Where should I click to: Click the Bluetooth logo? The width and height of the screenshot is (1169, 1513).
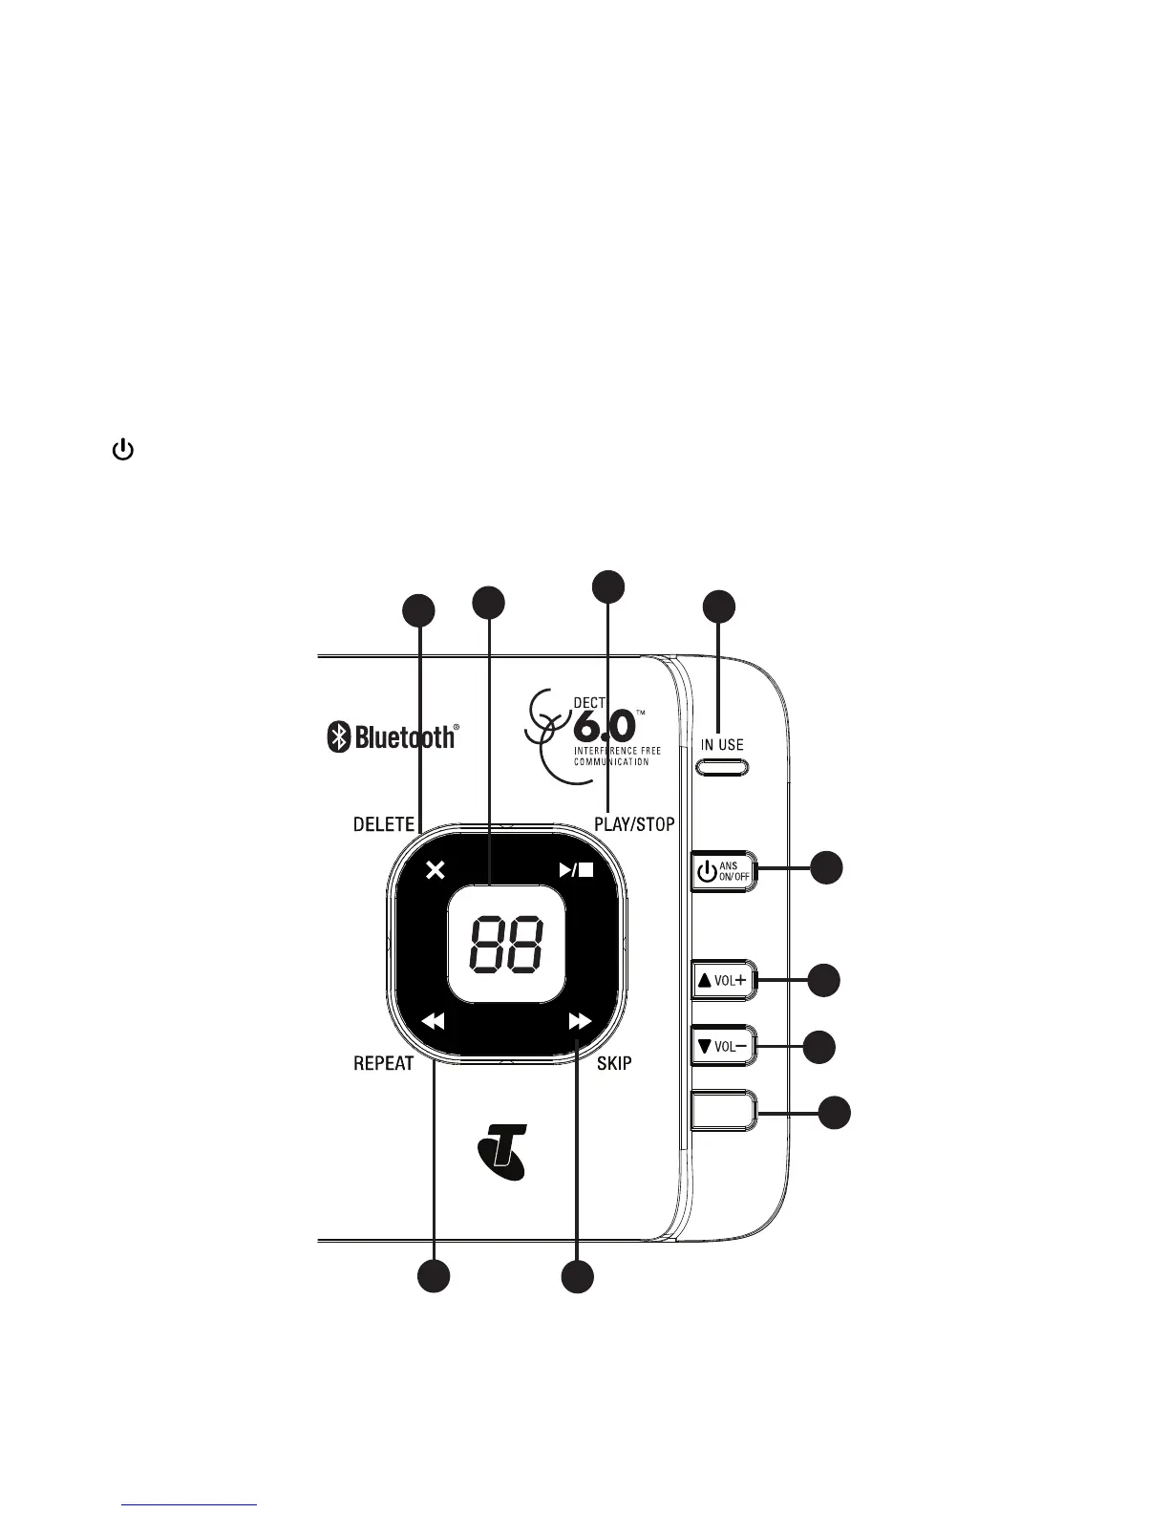click(x=393, y=736)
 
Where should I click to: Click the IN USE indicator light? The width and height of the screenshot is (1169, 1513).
click(x=722, y=766)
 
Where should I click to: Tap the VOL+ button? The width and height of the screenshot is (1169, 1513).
click(x=722, y=980)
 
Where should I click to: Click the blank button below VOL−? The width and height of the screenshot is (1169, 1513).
click(x=722, y=1111)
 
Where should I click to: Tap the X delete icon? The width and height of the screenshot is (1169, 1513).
click(x=436, y=870)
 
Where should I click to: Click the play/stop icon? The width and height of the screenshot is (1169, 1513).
click(x=577, y=870)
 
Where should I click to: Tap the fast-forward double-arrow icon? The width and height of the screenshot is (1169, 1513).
click(x=580, y=1021)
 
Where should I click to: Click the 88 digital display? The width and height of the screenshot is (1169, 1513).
click(x=506, y=945)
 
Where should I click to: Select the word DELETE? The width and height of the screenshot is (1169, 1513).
click(x=384, y=824)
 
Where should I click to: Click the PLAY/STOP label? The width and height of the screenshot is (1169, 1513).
click(x=634, y=824)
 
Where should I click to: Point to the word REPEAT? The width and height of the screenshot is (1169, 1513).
click(x=384, y=1063)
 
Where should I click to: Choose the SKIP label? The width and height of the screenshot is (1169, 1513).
click(x=614, y=1063)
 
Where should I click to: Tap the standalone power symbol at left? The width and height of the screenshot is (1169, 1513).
click(x=122, y=450)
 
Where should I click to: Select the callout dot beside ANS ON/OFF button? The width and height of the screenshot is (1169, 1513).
click(x=827, y=867)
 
